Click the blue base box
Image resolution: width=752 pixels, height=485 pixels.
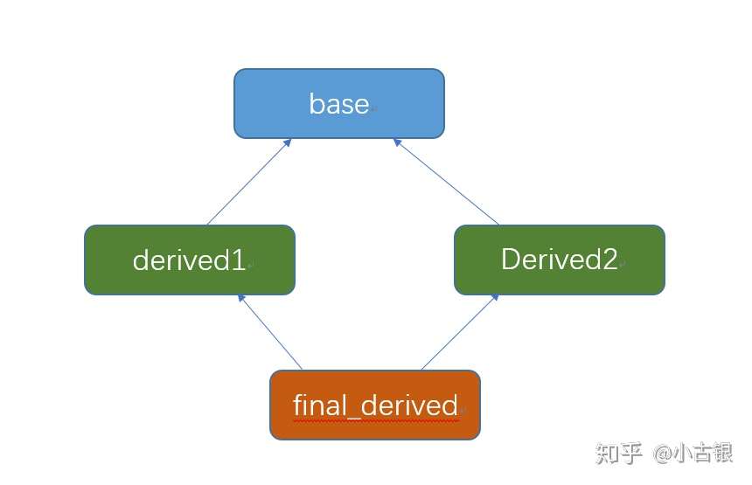tap(339, 103)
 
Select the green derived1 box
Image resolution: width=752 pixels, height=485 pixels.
tap(190, 260)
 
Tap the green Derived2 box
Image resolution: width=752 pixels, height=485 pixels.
tap(560, 260)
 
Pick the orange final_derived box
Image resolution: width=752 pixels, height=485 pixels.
tap(375, 405)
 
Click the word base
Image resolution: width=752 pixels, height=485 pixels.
tap(339, 104)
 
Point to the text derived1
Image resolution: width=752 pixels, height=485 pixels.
tap(189, 260)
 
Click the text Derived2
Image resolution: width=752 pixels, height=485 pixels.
tap(560, 260)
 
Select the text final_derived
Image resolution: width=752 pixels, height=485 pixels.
tap(375, 405)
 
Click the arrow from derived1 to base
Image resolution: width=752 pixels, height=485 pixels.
tap(249, 182)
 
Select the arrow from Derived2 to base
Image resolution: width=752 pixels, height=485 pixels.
tap(446, 182)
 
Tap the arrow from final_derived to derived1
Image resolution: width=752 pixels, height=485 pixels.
tap(270, 332)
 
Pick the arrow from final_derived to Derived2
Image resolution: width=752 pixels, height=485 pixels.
tap(460, 332)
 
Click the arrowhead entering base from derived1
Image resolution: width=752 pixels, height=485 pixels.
tap(288, 142)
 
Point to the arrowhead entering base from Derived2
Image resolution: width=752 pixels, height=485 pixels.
tap(397, 142)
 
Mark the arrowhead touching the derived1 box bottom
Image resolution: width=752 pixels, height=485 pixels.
tap(241, 298)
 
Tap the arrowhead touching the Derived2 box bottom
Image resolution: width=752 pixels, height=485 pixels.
tap(496, 298)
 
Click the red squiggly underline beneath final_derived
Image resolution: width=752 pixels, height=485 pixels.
tap(376, 421)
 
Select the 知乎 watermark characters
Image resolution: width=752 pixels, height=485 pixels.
tap(619, 453)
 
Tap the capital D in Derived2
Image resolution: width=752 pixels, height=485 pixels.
tap(512, 260)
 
